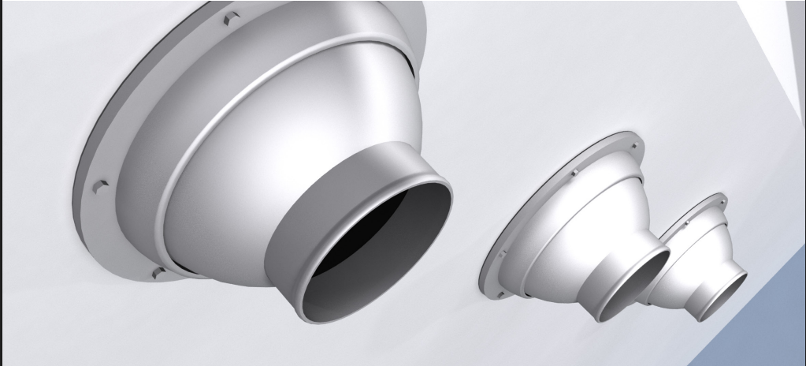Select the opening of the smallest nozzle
(x=723, y=296)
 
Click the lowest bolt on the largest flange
(x=158, y=273)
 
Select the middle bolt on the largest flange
(x=100, y=187)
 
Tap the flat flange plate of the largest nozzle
(x=118, y=118)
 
